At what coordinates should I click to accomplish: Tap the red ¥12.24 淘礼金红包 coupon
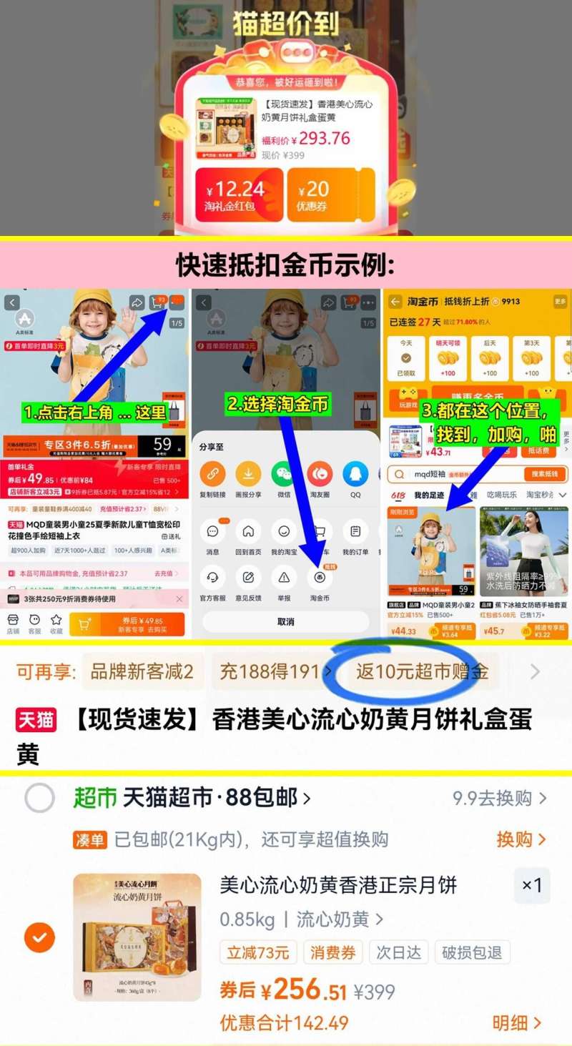(239, 194)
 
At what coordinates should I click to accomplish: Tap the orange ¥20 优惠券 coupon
(330, 194)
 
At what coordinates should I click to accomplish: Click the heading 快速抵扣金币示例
(285, 265)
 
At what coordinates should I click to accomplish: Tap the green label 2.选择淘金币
(278, 404)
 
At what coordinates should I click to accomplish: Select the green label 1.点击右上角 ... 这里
(95, 413)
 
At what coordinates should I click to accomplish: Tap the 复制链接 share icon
(212, 474)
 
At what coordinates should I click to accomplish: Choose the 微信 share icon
(284, 474)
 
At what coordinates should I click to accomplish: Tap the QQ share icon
(355, 474)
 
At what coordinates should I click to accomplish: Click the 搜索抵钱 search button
(546, 474)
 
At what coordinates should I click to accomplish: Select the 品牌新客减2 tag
(142, 672)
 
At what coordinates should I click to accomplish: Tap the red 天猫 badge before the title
(36, 720)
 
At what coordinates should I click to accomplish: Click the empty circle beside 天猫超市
(39, 798)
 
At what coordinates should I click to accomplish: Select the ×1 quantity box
(532, 886)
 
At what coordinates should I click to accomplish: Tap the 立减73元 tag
(258, 952)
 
